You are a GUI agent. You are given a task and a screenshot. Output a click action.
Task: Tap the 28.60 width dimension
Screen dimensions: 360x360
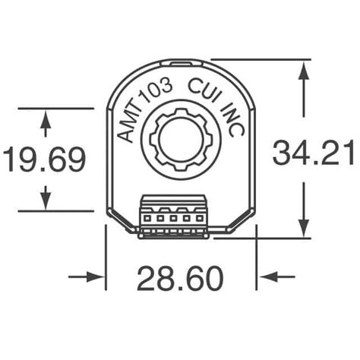tap(180, 279)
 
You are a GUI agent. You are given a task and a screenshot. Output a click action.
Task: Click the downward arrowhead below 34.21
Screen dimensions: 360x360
tap(305, 227)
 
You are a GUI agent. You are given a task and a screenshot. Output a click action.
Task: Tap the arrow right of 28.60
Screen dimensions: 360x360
tap(268, 277)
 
